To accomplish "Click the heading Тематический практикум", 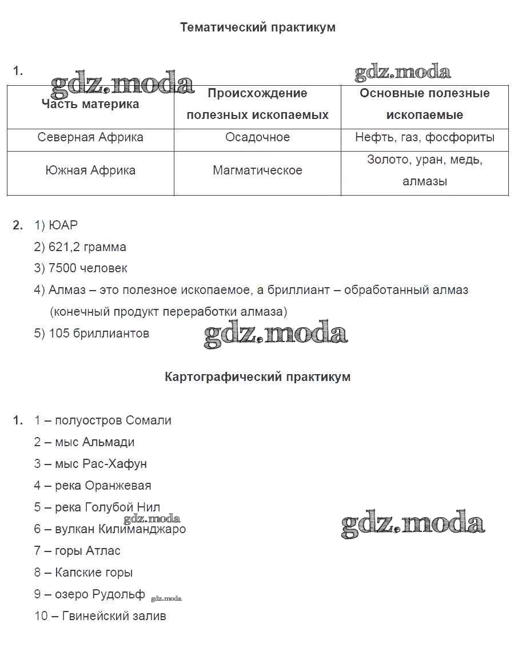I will [257, 27].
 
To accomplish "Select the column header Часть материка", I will [90, 104].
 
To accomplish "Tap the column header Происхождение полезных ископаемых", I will [257, 104].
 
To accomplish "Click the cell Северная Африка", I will [90, 137].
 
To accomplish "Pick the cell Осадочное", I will [257, 137].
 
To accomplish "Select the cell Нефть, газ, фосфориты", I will [424, 137].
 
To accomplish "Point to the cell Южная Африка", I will [90, 170].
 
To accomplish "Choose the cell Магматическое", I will [257, 170].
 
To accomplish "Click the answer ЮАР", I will [63, 225].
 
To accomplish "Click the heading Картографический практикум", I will [257, 377].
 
